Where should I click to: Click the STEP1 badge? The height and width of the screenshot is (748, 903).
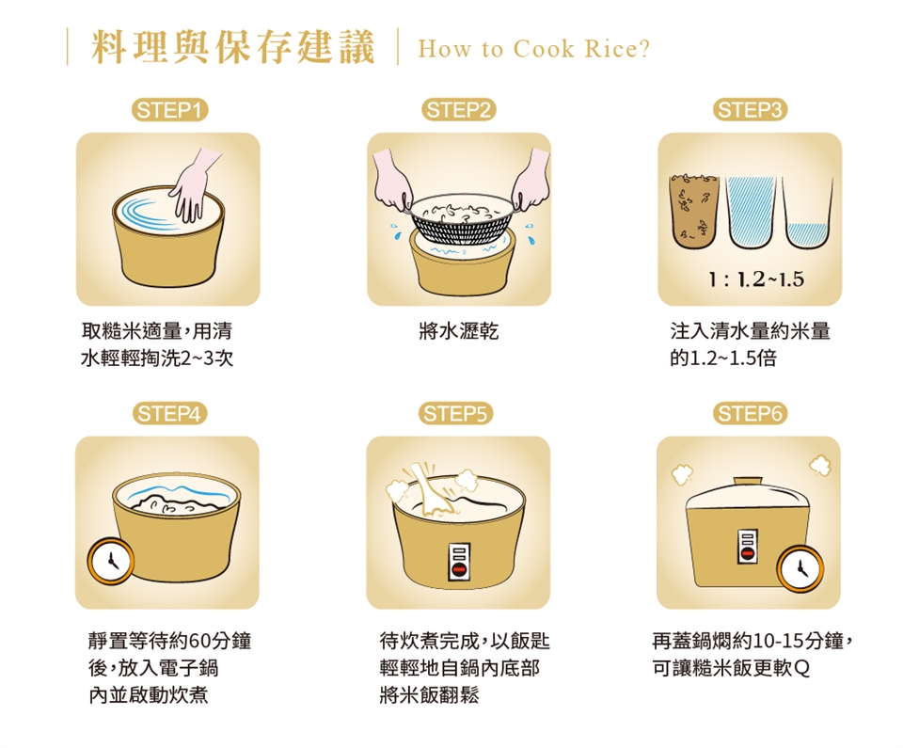(x=170, y=109)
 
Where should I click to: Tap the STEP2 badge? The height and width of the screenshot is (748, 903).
(x=459, y=109)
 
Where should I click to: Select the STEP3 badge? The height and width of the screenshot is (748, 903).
(x=750, y=109)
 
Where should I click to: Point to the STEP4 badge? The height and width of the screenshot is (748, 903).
(x=169, y=413)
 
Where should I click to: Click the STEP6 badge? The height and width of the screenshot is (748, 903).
(x=750, y=413)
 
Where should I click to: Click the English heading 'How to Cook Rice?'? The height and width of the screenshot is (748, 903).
(x=534, y=49)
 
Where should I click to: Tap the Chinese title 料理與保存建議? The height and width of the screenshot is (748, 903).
(x=233, y=47)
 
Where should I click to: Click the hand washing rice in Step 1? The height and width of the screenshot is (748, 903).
(x=193, y=184)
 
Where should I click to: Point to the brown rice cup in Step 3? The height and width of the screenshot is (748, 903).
(x=694, y=211)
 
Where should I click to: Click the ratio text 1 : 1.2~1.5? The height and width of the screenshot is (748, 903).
(x=756, y=279)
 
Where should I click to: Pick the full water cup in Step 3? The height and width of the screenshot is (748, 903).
(x=751, y=211)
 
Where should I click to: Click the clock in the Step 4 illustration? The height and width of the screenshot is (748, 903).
(x=111, y=561)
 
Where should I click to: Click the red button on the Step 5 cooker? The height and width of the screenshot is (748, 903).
(x=459, y=570)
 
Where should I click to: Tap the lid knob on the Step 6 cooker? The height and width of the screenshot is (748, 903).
(x=748, y=481)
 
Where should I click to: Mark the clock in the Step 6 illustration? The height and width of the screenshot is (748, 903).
(x=800, y=568)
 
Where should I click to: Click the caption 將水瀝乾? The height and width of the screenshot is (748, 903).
(x=459, y=331)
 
